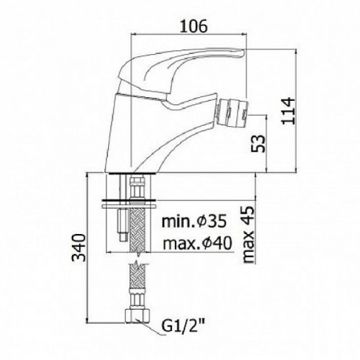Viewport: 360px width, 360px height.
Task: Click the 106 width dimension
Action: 193,26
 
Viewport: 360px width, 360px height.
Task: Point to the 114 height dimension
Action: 287,111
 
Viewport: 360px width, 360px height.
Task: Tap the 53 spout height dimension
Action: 258,143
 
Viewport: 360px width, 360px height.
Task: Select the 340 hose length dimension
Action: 79,248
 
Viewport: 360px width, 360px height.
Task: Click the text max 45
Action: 248,235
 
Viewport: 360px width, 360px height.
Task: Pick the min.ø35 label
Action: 194,221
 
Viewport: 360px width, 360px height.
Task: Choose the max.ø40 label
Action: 197,243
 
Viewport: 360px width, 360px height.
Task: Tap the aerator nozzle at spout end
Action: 232,112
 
